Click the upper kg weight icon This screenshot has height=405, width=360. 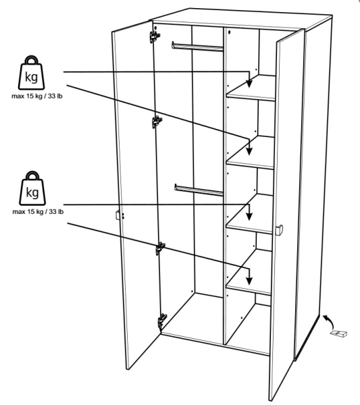(x=31, y=73)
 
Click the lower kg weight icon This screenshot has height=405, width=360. (x=32, y=188)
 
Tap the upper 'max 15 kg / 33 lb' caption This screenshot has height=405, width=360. (x=37, y=96)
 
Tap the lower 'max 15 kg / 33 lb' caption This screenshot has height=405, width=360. (x=38, y=211)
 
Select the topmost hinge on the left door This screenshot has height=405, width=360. (x=155, y=36)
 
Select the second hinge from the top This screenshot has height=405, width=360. (x=157, y=122)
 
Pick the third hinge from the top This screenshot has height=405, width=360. (x=161, y=248)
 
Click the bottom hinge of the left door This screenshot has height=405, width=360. (x=163, y=321)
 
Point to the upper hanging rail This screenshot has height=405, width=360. (x=197, y=47)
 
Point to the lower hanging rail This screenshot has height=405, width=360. (x=199, y=190)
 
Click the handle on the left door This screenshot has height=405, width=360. (x=120, y=215)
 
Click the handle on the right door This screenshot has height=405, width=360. (x=279, y=230)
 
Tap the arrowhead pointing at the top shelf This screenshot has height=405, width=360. (x=249, y=84)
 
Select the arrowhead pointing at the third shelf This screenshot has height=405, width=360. (x=249, y=217)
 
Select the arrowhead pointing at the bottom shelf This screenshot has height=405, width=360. (x=249, y=281)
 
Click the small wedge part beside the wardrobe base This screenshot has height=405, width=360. (x=339, y=333)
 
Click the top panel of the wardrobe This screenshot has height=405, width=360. (x=241, y=19)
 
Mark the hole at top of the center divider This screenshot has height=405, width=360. (x=229, y=32)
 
